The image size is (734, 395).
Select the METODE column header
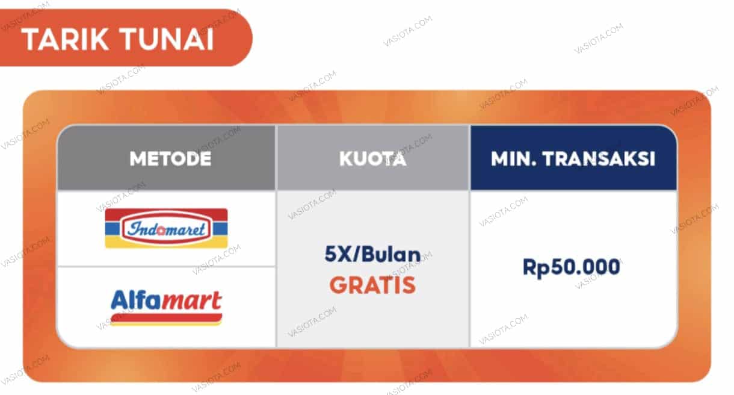point(170,159)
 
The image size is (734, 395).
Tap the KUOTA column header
point(372,159)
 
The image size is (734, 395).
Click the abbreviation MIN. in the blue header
point(513,159)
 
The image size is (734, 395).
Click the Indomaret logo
point(166,228)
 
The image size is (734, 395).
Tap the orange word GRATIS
point(372,285)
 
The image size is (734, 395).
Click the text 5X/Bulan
point(372,255)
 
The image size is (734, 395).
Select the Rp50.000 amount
point(571,267)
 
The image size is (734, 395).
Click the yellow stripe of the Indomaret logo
point(166,243)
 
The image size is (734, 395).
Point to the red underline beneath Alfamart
point(166,318)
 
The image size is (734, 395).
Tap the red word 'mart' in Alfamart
point(191,300)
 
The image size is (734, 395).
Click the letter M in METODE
point(137,159)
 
